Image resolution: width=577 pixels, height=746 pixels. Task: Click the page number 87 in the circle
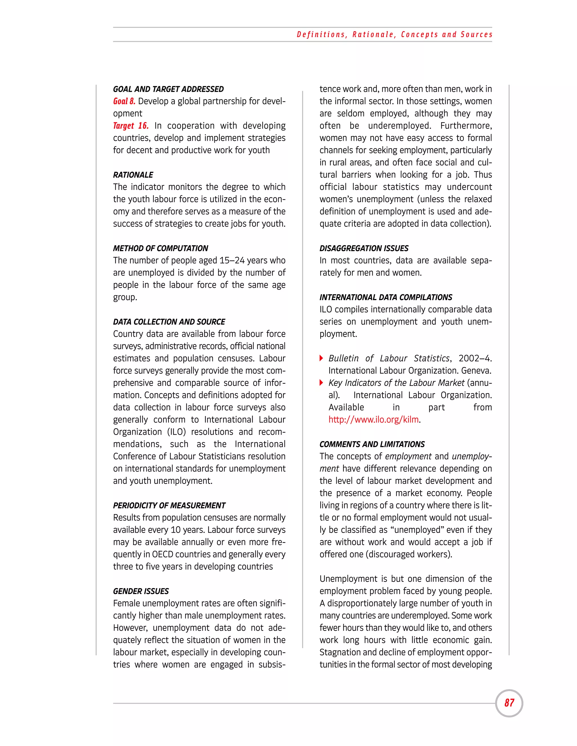(509, 703)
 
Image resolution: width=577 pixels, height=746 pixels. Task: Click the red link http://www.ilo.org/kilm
(374, 419)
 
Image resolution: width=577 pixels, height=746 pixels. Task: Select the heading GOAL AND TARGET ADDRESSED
(168, 89)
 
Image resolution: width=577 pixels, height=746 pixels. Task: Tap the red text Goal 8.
(124, 101)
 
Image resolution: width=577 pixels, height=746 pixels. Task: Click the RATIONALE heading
(133, 175)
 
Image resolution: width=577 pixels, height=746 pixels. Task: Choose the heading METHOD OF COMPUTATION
(160, 248)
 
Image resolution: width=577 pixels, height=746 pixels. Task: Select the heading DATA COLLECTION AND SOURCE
(169, 322)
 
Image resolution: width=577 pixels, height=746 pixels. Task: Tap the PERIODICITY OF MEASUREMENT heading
(169, 506)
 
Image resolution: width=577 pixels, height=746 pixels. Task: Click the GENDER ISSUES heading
(141, 591)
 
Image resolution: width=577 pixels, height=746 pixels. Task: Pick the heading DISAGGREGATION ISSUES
(364, 248)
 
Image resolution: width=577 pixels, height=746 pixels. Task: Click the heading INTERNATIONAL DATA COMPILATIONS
(386, 297)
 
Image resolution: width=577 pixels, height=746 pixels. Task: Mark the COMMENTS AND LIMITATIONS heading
(372, 445)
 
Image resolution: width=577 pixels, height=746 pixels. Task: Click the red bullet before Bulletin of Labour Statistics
(321, 358)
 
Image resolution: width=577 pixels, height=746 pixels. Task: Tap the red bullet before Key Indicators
(321, 383)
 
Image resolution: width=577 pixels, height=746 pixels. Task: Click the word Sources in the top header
(476, 35)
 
